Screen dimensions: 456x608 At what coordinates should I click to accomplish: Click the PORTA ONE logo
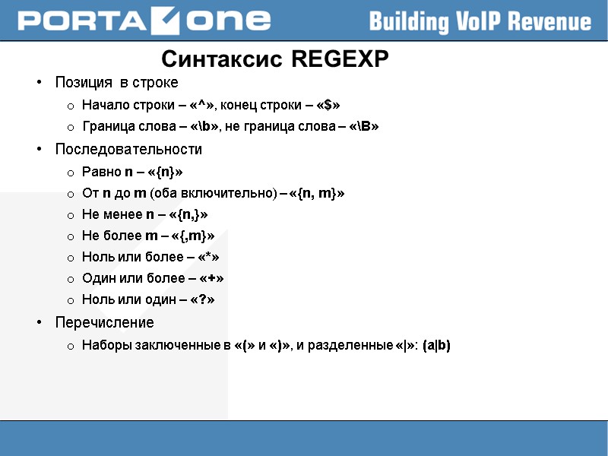(144, 21)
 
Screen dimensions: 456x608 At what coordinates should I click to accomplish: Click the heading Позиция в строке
(116, 82)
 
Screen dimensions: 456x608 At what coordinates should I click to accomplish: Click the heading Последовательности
(128, 150)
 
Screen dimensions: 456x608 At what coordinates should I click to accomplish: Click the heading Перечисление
(104, 323)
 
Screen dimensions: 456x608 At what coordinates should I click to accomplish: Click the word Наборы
(106, 346)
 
